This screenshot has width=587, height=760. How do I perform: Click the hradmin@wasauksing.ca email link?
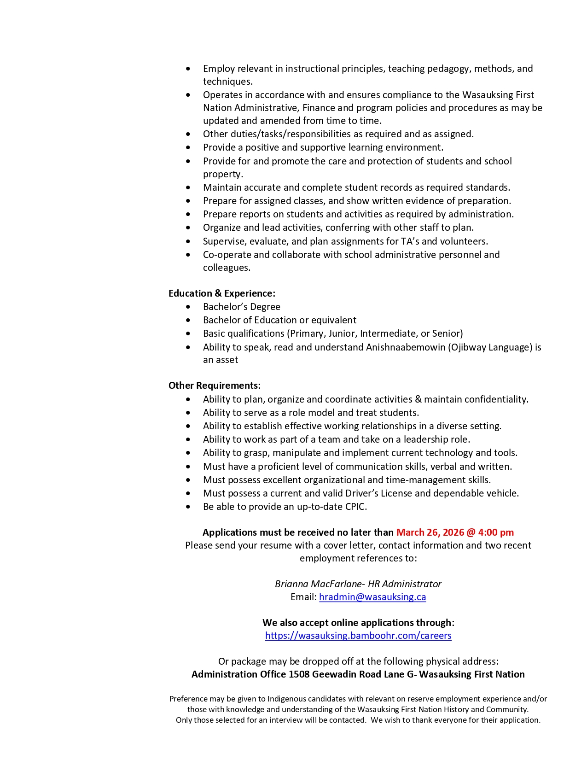[372, 597]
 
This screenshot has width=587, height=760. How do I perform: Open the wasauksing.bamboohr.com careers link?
[358, 636]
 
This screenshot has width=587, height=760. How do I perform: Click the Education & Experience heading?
[222, 293]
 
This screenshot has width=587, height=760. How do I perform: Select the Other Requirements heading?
[215, 386]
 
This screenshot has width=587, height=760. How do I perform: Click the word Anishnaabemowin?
[406, 347]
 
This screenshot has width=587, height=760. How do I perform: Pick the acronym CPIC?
[355, 507]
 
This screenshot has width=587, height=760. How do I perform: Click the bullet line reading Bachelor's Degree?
[241, 307]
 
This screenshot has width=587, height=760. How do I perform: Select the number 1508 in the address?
[299, 674]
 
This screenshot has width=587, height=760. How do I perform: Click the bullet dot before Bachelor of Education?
[188, 320]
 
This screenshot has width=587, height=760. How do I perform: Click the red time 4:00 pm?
[496, 532]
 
